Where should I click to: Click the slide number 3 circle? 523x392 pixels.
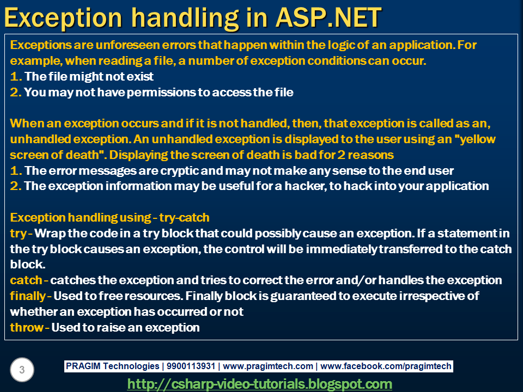coord(22,371)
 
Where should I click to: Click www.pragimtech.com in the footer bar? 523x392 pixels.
coord(268,366)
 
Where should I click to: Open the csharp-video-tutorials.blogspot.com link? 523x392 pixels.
coord(259,384)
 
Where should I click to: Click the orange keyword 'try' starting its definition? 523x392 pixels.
coord(19,234)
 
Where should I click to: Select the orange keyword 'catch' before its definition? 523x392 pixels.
coord(26,280)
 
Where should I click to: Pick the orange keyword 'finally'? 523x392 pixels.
coord(28,296)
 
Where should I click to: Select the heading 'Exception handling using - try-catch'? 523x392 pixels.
coord(110,218)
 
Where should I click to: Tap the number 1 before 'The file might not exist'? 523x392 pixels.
coord(15,76)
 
